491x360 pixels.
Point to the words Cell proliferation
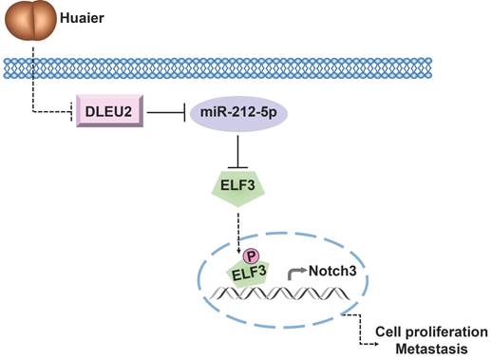click(x=426, y=331)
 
